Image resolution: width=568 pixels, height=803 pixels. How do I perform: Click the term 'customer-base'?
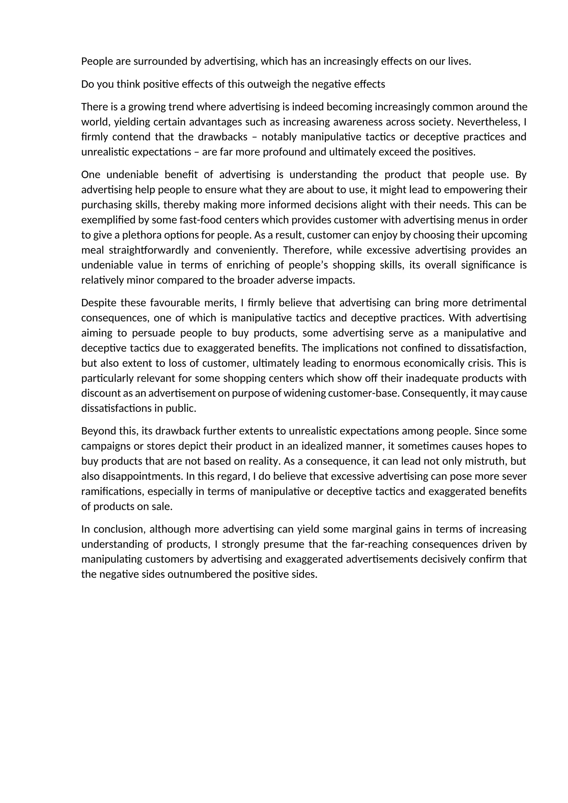coord(359,393)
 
